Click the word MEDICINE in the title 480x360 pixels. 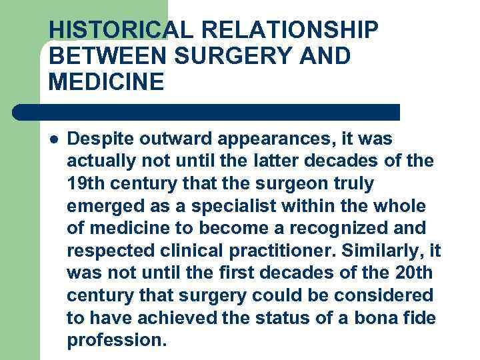[106, 83]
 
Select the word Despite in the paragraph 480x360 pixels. [102, 139]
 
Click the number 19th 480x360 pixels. [86, 183]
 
